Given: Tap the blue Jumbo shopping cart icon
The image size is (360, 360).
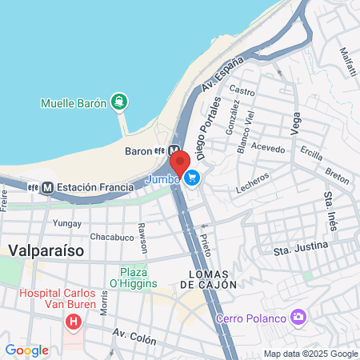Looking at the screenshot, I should [x=192, y=178].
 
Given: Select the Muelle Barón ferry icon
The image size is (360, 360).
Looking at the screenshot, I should [x=119, y=102].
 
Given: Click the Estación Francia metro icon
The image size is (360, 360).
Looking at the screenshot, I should [x=48, y=187].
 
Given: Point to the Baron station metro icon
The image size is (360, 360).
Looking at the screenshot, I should [x=174, y=150].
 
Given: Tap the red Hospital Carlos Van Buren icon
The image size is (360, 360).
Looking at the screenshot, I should [x=74, y=322].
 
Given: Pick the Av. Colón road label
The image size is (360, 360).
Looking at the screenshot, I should [x=131, y=333].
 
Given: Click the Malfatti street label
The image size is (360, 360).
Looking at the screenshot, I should [x=348, y=61].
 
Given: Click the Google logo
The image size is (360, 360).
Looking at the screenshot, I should [x=26, y=350].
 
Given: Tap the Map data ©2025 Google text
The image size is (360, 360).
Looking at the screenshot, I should [x=310, y=354].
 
